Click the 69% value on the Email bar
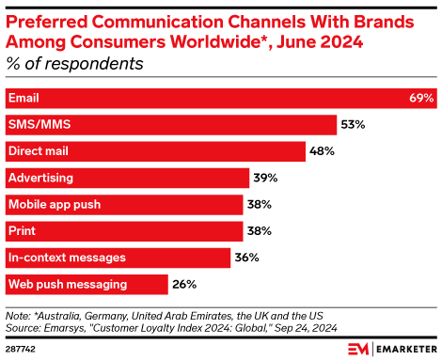pos(421,98)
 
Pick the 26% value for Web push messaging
pos(184,283)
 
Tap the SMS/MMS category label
pos(39,124)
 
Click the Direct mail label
pos(39,150)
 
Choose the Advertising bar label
pos(40,178)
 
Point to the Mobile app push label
pos(54,204)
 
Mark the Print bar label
pos(22,230)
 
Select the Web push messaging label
pos(64,283)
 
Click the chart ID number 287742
pos(22,348)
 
